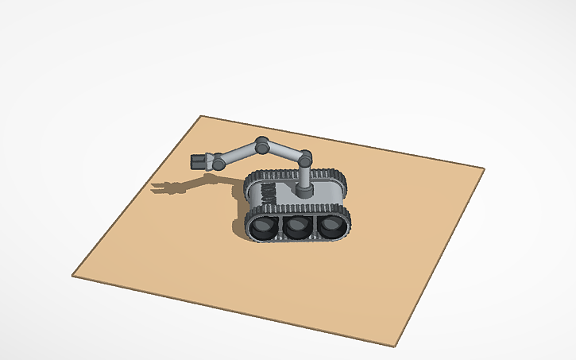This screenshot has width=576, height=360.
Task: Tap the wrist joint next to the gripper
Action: click(215, 161)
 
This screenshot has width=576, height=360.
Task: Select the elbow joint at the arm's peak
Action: click(261, 145)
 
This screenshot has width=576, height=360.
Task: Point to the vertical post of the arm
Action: click(304, 176)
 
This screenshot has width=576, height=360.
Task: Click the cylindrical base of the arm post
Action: click(304, 191)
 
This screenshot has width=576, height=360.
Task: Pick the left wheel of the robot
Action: click(261, 228)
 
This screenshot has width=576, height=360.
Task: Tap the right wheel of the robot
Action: click(331, 226)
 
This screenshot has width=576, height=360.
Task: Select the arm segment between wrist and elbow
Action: click(238, 153)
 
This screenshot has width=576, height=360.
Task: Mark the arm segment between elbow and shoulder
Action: click(284, 151)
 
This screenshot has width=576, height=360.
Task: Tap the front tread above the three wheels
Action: click(298, 211)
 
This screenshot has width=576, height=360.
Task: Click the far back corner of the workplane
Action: click(201, 117)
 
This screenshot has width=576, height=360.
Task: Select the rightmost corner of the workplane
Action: click(483, 168)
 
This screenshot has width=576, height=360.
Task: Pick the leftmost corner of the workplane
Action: click(73, 276)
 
